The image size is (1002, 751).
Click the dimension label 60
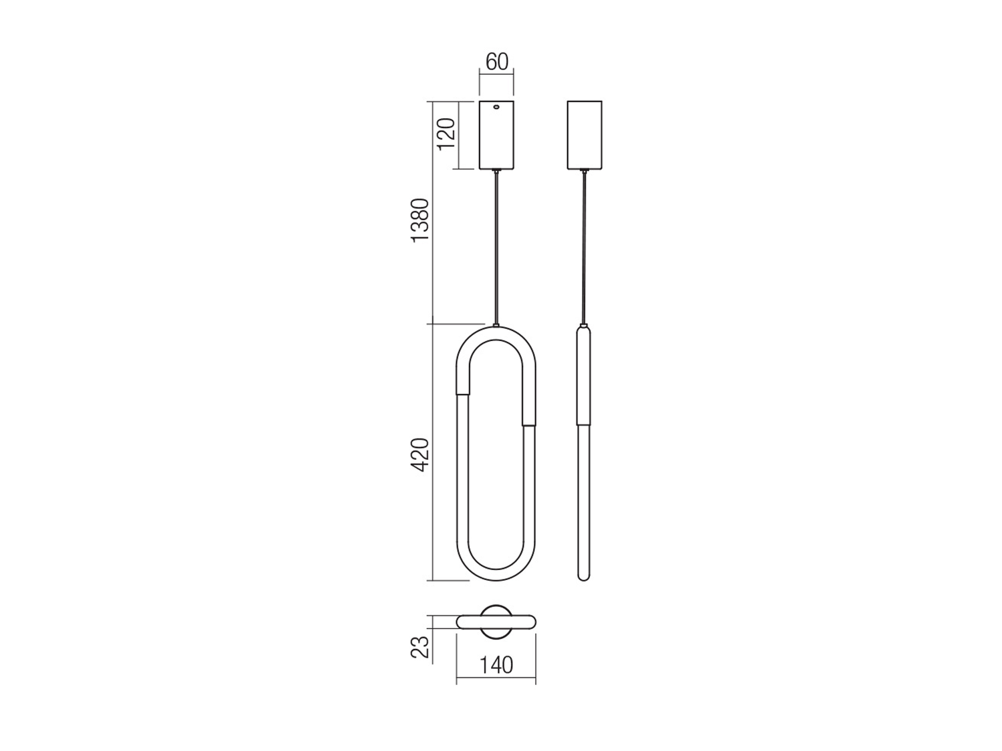point(496,62)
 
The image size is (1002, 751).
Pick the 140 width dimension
point(496,678)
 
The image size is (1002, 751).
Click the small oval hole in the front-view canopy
point(496,107)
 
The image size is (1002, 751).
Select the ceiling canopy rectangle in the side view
point(584,135)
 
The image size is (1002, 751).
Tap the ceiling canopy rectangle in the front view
point(496,135)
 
